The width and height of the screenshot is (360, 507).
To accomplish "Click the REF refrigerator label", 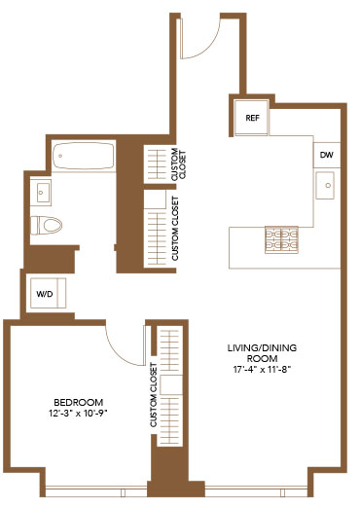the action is click(252, 118).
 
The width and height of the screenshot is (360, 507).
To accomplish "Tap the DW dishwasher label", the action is click(327, 155).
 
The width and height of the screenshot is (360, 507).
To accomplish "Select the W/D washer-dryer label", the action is click(45, 294).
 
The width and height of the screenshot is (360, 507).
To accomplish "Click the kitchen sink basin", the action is click(325, 186).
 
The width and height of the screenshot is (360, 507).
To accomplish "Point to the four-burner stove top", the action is click(281, 239).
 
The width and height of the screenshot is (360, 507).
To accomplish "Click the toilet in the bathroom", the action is click(47, 225).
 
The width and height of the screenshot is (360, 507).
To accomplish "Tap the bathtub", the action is click(84, 156).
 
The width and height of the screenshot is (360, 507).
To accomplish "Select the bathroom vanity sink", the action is click(41, 193).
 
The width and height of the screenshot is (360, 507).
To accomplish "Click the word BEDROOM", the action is click(79, 403).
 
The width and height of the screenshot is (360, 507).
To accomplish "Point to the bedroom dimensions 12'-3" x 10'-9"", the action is click(78, 414).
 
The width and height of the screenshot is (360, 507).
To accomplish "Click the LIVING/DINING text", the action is click(262, 348).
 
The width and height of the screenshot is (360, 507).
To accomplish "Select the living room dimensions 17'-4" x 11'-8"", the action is click(262, 370).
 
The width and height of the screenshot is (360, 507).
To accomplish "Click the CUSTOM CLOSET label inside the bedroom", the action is click(154, 395).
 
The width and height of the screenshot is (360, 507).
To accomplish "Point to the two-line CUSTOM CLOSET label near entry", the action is click(179, 164).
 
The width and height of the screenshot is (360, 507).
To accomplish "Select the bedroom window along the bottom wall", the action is click(95, 491).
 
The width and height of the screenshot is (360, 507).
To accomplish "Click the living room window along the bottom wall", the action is click(256, 491).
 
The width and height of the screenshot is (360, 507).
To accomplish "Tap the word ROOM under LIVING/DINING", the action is click(262, 359).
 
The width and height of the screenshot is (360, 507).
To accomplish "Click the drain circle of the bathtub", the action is click(60, 156).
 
